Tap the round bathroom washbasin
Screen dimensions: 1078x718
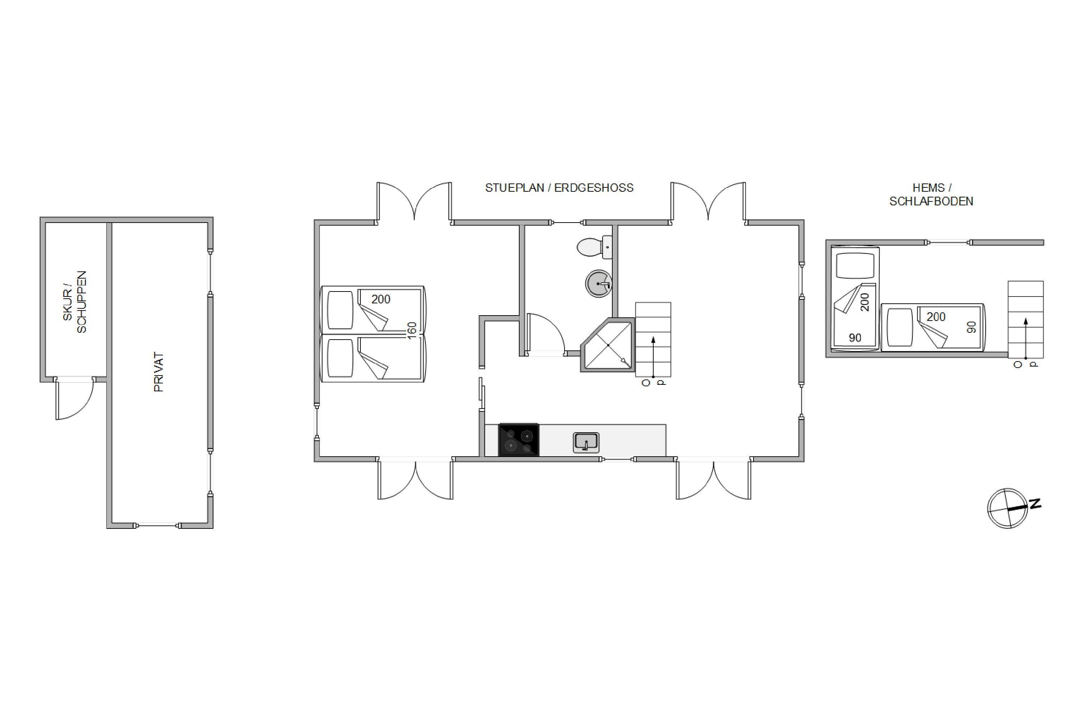pos(599,284)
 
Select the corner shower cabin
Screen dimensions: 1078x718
pos(608,344)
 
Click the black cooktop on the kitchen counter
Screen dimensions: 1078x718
pos(519,439)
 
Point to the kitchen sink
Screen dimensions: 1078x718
pos(586,442)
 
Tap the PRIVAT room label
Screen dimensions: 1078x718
pos(158,372)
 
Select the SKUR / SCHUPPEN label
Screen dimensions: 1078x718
pos(75,302)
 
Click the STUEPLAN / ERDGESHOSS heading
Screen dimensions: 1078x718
pos(559,188)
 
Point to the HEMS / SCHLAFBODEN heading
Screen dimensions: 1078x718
pos(931,195)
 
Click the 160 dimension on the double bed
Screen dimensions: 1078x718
pos(411,331)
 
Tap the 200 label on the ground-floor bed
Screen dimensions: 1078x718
pos(381,299)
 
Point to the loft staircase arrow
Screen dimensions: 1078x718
pos(1026,339)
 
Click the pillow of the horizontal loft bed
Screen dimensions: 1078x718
pos(900,327)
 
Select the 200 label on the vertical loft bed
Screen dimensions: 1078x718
pos(865,302)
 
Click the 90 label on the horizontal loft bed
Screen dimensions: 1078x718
pos(971,327)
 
